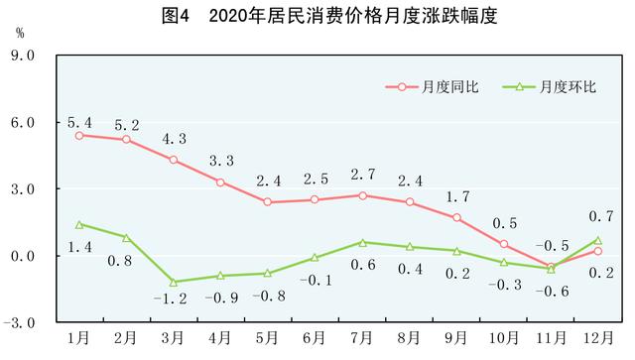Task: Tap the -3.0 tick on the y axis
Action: pyautogui.click(x=22, y=323)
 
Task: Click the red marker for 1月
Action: pyautogui.click(x=79, y=135)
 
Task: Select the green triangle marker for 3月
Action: pyautogui.click(x=174, y=282)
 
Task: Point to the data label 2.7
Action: pyautogui.click(x=362, y=175)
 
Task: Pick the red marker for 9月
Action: pyautogui.click(x=456, y=217)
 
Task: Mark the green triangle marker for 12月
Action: pyautogui.click(x=597, y=240)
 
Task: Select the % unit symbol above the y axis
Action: pyautogui.click(x=19, y=32)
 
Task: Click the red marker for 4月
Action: pyautogui.click(x=220, y=181)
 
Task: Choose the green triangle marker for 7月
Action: pyautogui.click(x=362, y=242)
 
